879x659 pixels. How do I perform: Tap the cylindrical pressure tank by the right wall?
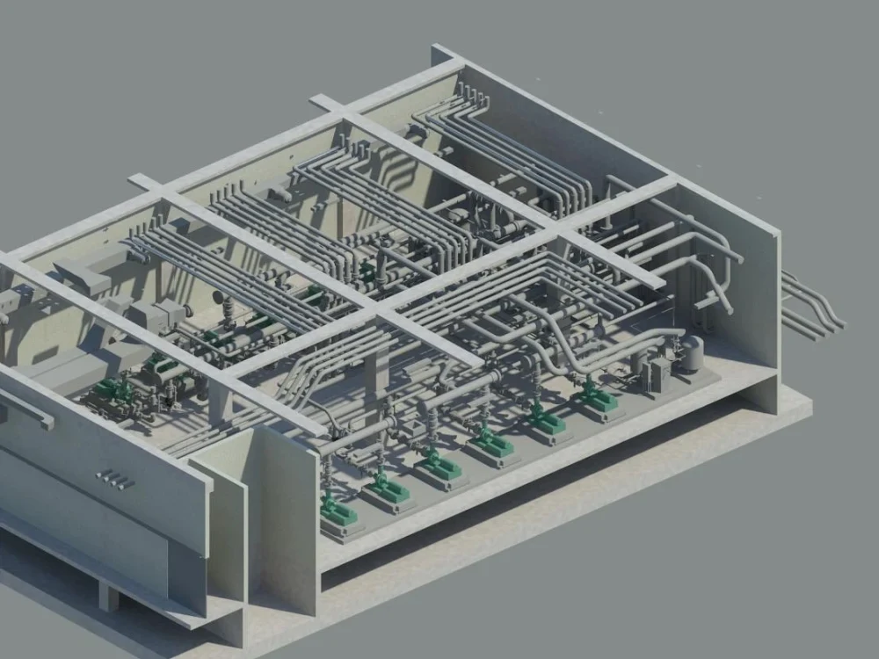[693, 352]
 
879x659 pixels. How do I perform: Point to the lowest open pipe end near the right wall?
[727, 308]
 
